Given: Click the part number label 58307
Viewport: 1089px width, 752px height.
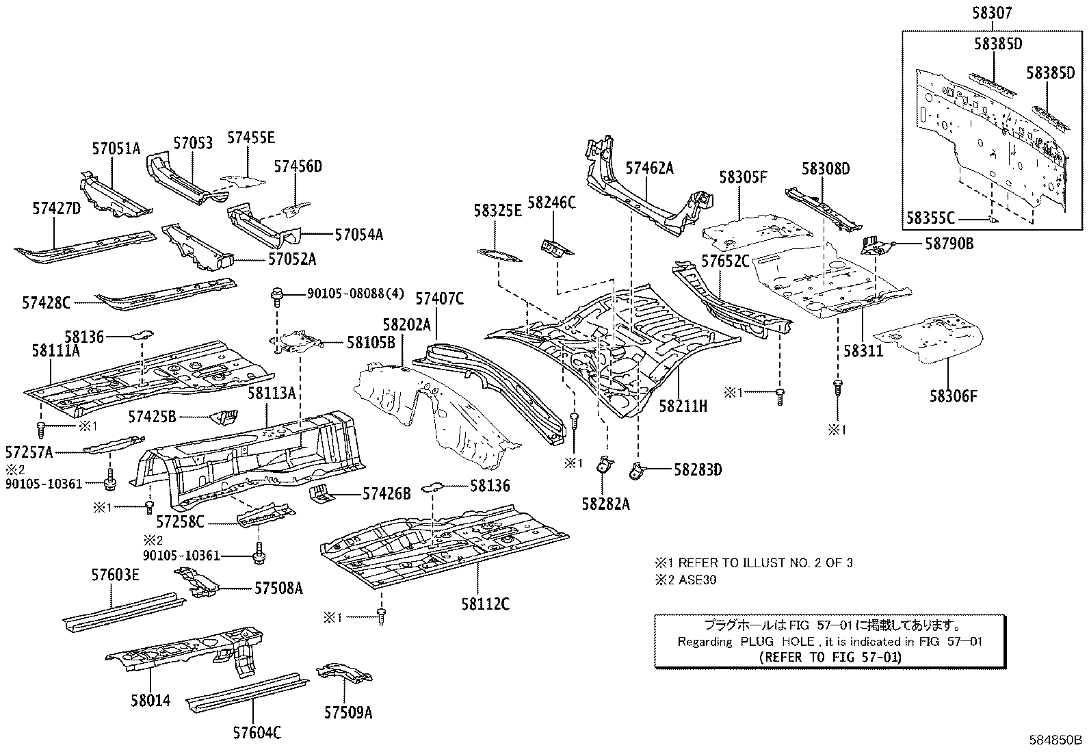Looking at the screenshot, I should [x=991, y=13].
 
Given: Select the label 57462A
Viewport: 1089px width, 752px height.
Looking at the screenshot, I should [x=649, y=168].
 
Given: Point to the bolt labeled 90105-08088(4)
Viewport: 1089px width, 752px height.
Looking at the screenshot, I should [x=276, y=295].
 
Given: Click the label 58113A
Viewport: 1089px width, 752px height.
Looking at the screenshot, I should [x=272, y=393].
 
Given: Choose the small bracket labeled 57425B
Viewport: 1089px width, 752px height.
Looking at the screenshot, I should [x=224, y=416].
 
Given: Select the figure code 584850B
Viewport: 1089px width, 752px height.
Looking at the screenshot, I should [x=1055, y=740].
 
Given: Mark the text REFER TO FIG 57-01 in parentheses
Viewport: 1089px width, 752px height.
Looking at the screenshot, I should [x=830, y=657].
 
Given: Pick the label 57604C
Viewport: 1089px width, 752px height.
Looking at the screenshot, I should [x=257, y=733].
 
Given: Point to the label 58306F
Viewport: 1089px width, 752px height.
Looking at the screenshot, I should [x=953, y=396].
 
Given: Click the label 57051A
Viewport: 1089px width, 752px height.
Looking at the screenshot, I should [x=116, y=148].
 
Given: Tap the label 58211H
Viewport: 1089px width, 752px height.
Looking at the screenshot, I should [x=683, y=406].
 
